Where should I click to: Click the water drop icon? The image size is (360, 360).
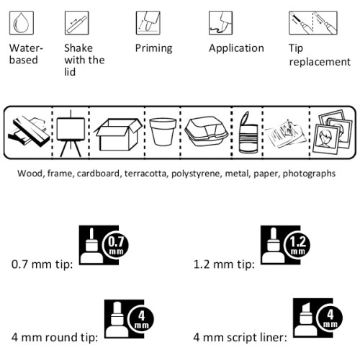pos(22,23)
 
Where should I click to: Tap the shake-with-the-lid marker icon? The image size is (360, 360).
pos(77,23)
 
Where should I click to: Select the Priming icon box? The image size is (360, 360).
pos(148,23)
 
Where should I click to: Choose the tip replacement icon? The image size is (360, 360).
pos(313,23)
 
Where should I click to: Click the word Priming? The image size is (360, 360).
pos(153,48)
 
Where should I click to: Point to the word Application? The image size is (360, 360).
pos(236,48)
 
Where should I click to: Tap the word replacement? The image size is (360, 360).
pos(320,62)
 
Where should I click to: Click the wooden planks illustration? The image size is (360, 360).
pos(28,132)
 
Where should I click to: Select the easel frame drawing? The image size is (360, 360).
pos(71,133)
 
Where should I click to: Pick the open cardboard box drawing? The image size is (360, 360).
pos(118,135)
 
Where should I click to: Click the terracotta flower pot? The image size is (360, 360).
pos(163,132)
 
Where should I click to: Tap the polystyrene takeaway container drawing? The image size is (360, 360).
pos(207,131)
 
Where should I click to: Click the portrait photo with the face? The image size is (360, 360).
pos(325,140)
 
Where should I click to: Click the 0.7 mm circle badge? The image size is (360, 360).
pos(116,246)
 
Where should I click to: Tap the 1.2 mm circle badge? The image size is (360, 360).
pos(297,246)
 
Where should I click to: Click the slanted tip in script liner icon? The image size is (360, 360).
pos(305,308)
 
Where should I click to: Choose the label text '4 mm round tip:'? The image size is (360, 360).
pos(55,337)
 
